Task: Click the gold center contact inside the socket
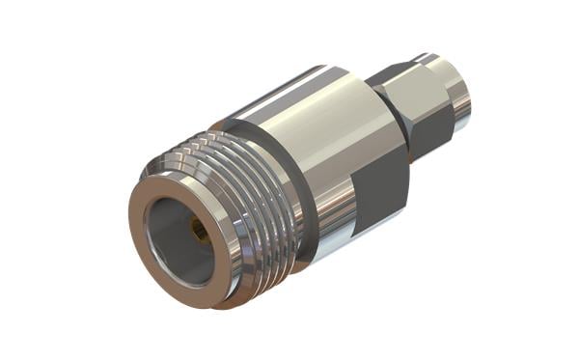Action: (199, 231)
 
